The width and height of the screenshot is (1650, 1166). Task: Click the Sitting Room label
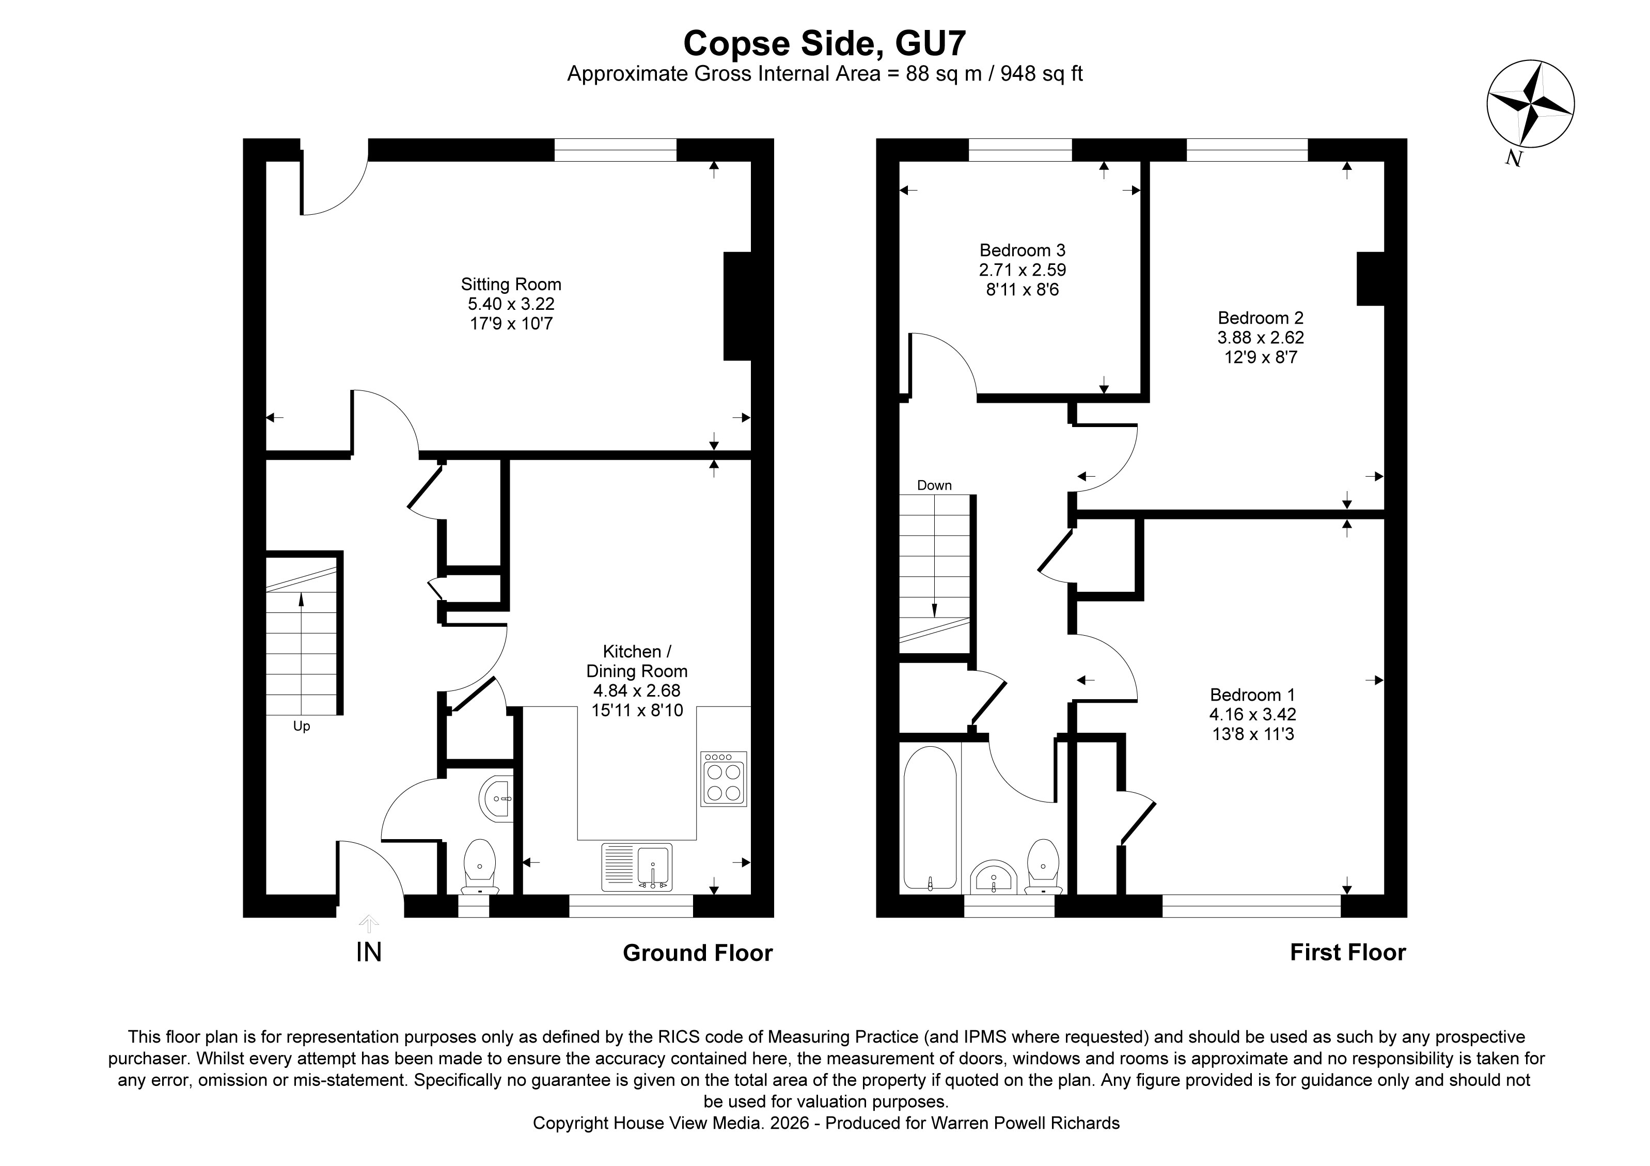(510, 285)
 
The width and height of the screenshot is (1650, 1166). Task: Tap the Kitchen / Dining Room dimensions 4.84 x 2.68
(636, 691)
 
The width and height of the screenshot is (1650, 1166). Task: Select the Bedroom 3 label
(1022, 251)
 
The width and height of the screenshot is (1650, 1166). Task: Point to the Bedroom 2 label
(1261, 318)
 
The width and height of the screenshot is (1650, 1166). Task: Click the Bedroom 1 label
(1252, 695)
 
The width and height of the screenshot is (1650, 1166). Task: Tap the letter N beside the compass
(1514, 159)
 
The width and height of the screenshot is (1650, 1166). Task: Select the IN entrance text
(369, 953)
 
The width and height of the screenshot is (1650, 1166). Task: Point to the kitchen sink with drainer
(637, 867)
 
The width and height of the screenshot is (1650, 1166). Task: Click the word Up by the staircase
(301, 727)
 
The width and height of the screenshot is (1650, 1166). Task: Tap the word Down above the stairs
(934, 485)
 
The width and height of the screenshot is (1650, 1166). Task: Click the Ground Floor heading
(697, 953)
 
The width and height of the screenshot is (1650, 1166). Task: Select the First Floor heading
(1347, 953)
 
